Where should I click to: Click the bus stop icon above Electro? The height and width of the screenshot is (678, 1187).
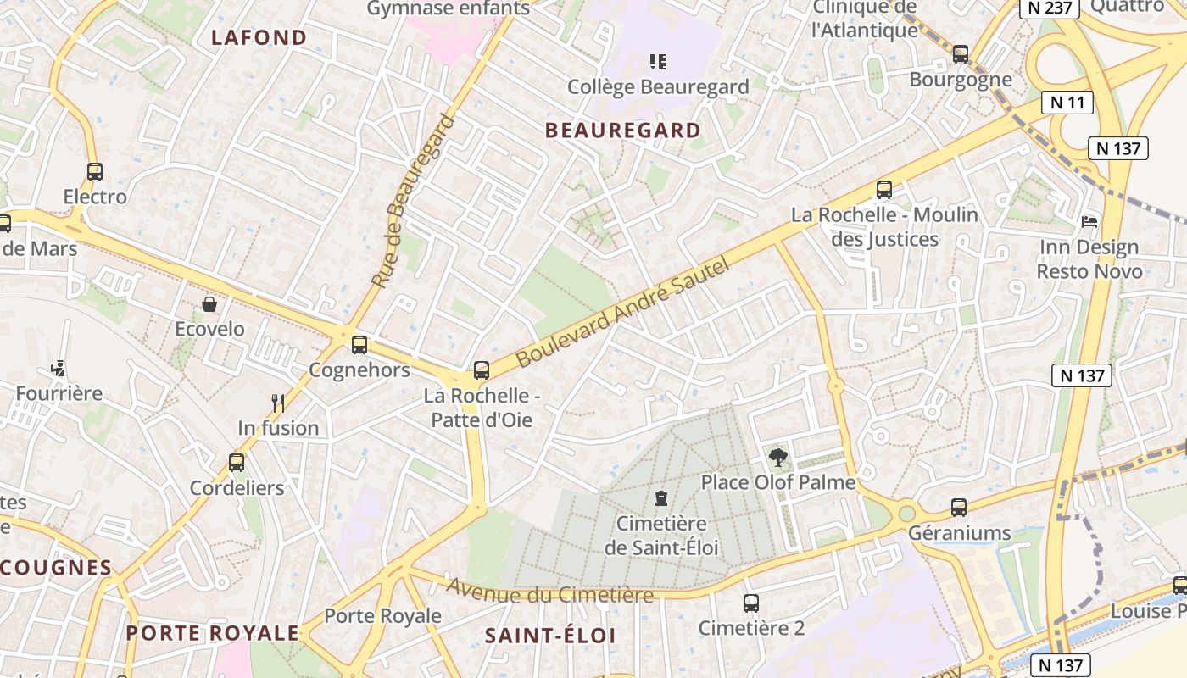click(x=94, y=172)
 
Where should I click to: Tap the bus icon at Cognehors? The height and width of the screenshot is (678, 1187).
click(x=359, y=345)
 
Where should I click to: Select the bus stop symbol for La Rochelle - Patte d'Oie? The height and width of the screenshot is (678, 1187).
click(x=482, y=370)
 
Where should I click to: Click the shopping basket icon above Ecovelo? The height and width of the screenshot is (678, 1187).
click(x=209, y=304)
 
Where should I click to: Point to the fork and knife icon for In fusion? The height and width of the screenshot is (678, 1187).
click(x=278, y=403)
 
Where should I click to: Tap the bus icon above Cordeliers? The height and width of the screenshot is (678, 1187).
click(x=237, y=463)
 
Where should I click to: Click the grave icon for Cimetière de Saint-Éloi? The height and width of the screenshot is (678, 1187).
click(x=661, y=498)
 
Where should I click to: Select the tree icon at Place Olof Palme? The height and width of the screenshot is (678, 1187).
click(x=777, y=458)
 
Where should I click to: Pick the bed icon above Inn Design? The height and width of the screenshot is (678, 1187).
click(x=1089, y=222)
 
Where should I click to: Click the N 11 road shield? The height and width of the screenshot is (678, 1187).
click(x=1067, y=103)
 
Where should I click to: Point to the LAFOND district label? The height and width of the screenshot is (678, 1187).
click(x=259, y=37)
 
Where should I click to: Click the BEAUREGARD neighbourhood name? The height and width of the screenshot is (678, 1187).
click(x=623, y=131)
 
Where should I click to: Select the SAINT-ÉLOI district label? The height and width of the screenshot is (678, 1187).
click(x=549, y=636)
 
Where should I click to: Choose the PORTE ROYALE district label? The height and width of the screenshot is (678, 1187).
click(x=213, y=633)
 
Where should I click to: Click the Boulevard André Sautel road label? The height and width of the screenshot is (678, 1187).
click(x=622, y=313)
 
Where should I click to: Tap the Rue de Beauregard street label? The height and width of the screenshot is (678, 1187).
click(x=413, y=201)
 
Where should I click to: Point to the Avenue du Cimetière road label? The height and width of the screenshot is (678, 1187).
click(x=550, y=592)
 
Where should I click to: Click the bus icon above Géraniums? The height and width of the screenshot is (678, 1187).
click(x=959, y=508)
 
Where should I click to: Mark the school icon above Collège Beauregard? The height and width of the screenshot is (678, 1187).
click(x=658, y=61)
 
